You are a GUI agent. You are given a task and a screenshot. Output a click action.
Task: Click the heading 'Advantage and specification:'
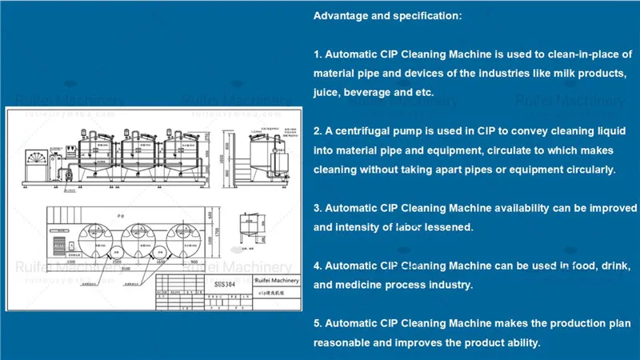point(387,16)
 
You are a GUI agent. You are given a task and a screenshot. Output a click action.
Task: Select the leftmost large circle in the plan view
point(92,238)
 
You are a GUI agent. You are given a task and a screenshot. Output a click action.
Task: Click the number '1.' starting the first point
point(318,54)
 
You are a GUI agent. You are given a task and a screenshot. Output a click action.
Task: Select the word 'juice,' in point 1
point(326,93)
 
